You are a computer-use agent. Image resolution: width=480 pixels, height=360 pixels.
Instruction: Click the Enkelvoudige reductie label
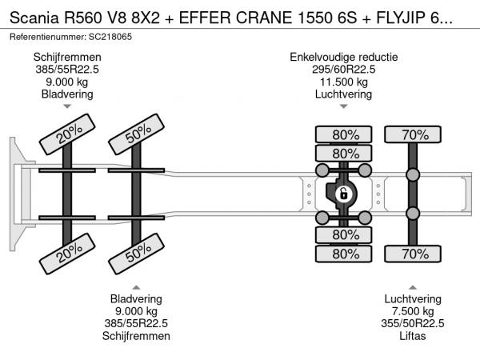[344, 57]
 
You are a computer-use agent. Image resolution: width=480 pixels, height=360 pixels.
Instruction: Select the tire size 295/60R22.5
[344, 69]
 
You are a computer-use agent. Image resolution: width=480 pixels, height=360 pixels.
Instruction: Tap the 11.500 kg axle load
[344, 81]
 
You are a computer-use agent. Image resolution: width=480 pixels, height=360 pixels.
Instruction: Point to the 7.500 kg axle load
[413, 311]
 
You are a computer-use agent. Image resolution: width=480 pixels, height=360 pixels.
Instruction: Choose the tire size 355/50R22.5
[413, 323]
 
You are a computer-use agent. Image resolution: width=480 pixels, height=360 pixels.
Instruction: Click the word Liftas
[413, 336]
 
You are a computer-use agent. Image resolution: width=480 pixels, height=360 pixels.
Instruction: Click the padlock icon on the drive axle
[342, 194]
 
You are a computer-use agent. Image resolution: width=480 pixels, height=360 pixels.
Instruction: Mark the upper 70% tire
[414, 134]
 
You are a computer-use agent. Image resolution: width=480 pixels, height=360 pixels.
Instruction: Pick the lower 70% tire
[414, 254]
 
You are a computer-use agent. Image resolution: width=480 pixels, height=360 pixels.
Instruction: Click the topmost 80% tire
[345, 134]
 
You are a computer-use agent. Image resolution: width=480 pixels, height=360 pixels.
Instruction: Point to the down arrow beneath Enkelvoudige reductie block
[344, 106]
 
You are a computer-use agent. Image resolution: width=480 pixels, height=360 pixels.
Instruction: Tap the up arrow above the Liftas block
[413, 286]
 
